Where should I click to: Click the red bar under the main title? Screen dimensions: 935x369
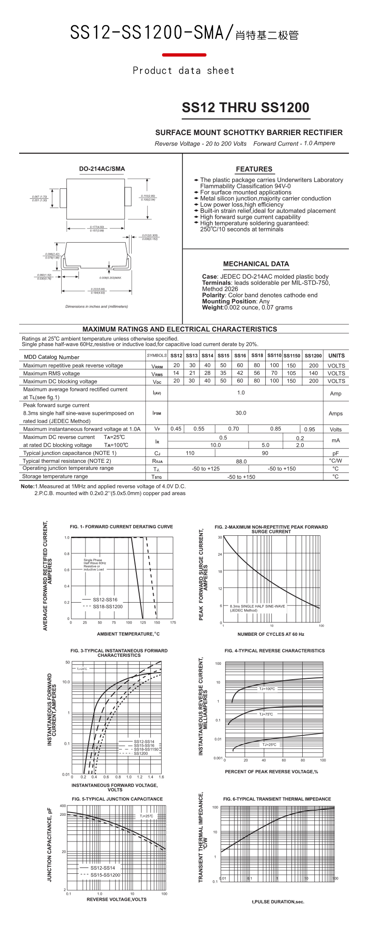click(x=184, y=55)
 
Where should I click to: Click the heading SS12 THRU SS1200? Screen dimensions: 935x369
click(x=245, y=108)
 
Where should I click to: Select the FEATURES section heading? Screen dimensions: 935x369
click(x=254, y=169)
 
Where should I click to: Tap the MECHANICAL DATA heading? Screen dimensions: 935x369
click(x=256, y=264)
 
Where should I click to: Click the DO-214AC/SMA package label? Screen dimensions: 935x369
click(x=102, y=169)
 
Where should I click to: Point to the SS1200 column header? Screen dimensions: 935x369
click(x=313, y=356)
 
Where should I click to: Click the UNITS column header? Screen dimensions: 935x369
click(x=336, y=356)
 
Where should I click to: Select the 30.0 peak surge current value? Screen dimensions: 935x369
click(x=241, y=413)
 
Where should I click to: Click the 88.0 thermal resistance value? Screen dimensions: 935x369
click(x=241, y=461)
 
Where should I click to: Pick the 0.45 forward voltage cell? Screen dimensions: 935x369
click(x=176, y=429)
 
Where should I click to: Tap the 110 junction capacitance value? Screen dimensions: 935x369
click(x=190, y=453)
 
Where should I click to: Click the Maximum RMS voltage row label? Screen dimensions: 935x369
click(x=51, y=374)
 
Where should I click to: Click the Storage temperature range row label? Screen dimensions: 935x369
click(x=55, y=476)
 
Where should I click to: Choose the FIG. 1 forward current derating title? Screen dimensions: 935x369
click(x=121, y=527)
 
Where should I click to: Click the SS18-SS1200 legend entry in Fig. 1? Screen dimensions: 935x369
click(x=107, y=606)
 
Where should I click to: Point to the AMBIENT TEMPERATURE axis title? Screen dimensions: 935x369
click(x=128, y=634)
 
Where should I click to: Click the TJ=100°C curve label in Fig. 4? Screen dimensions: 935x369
click(x=267, y=689)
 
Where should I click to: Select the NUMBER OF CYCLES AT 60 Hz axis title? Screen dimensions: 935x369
click(x=271, y=634)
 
